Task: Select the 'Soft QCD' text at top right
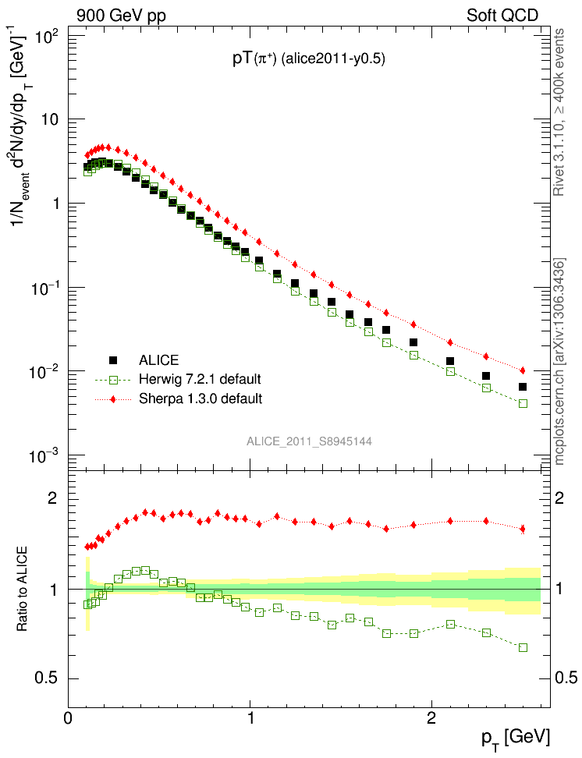pos(502,15)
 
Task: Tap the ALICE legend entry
pos(158,360)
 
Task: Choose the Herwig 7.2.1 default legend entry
pos(199,380)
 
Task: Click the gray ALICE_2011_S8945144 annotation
pos(309,441)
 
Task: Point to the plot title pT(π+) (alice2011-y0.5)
pos(308,58)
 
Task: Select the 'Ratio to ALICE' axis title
pos(23,590)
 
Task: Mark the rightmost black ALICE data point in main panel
pos(523,387)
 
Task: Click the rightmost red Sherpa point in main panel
pos(523,370)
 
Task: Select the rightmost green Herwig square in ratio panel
pos(523,647)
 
